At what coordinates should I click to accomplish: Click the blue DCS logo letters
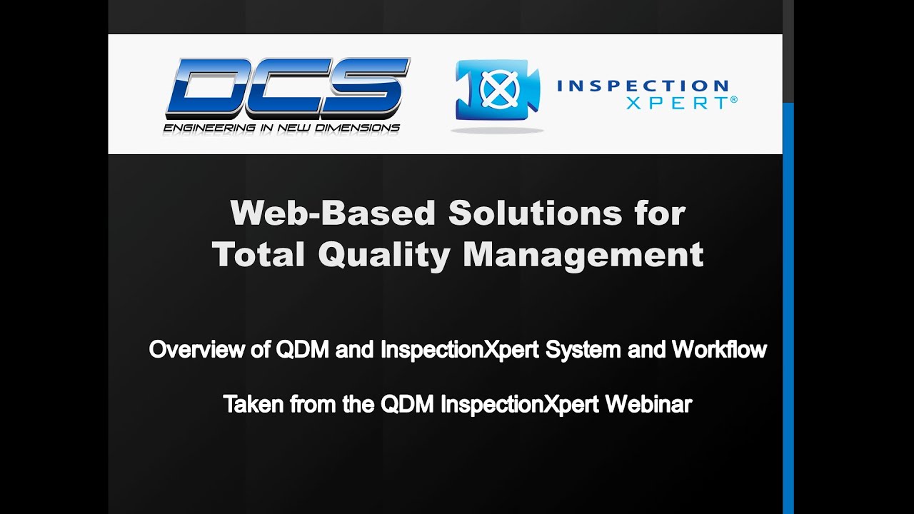pyautogui.click(x=287, y=88)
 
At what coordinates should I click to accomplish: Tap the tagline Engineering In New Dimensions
pyautogui.click(x=281, y=128)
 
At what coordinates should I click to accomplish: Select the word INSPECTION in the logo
pyautogui.click(x=643, y=86)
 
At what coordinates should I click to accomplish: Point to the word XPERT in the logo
pyautogui.click(x=677, y=103)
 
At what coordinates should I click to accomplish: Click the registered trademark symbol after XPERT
pyautogui.click(x=734, y=101)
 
